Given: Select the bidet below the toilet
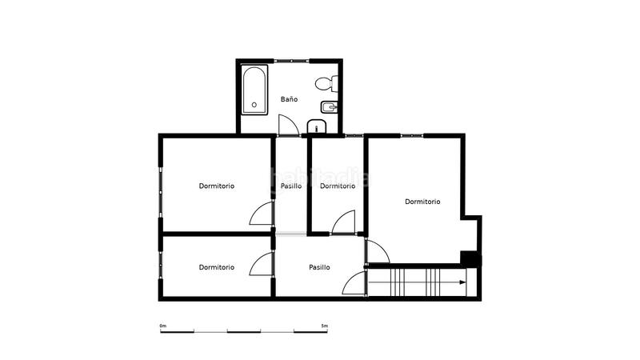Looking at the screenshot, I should coord(328,106).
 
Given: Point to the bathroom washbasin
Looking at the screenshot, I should coord(317,126).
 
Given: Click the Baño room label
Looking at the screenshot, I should coord(289,99).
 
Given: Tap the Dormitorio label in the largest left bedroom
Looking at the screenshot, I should coord(217,186).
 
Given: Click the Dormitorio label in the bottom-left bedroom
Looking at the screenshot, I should coord(217,267).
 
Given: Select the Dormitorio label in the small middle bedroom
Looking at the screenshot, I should coord(337,186).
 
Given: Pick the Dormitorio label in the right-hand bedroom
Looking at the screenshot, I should coord(422,202).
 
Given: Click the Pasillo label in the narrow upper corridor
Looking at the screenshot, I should coord(291,186).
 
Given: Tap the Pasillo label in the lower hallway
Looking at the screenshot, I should coord(320,267).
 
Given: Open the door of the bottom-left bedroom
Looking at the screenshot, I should coord(262,265).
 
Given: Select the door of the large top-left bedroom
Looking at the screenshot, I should coord(262,214).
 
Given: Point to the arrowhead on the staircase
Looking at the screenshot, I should coord(463,282).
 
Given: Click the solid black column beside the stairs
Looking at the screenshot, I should coord(470,258).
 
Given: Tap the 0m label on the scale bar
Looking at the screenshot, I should coord(162,326).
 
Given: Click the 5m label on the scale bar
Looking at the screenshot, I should coord(323,326).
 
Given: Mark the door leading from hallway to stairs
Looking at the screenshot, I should coord(354,285).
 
